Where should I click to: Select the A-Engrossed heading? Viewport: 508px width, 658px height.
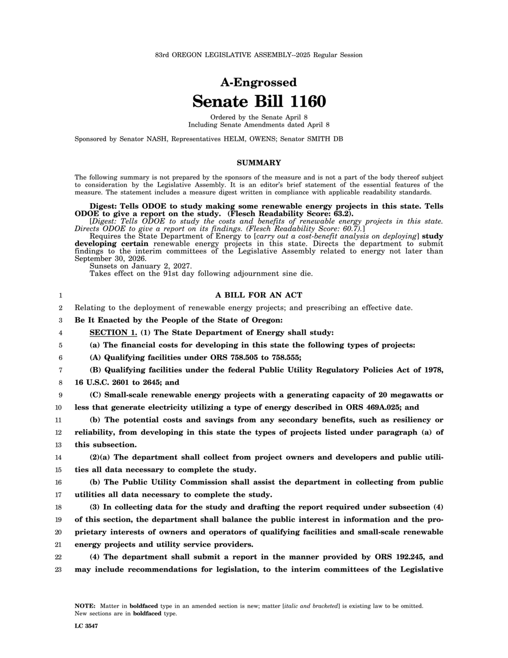click(258, 82)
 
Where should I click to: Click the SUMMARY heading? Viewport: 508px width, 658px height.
click(258, 163)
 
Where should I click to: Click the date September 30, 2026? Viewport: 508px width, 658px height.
click(110, 259)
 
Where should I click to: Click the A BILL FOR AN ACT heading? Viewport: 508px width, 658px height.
click(258, 295)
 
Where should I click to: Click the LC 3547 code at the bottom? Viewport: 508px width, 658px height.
click(86, 627)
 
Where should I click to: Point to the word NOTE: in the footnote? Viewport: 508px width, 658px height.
click(85, 606)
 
